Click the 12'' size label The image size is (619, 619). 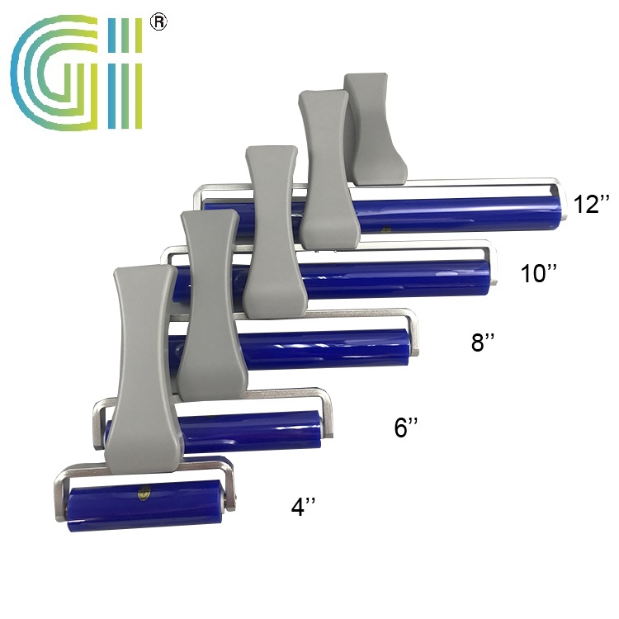(592, 205)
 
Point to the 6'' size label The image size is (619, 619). (406, 428)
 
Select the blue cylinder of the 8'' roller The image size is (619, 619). (330, 349)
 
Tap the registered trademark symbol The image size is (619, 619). (158, 22)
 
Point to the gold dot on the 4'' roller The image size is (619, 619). (144, 496)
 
